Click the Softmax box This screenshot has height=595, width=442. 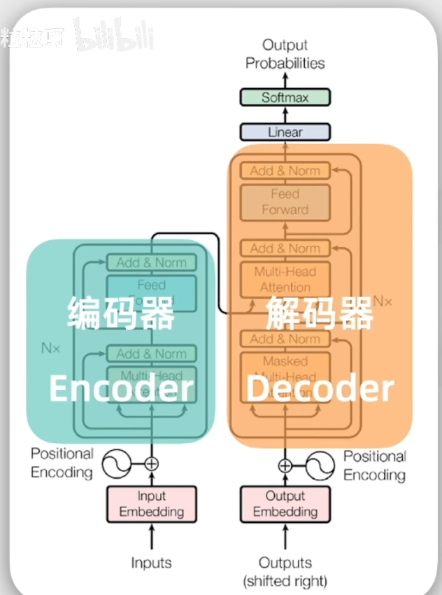tap(285, 97)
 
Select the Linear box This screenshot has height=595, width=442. tap(285, 132)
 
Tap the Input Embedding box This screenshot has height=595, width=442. tap(151, 504)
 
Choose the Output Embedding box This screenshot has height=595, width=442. tap(285, 504)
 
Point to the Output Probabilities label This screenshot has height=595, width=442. tap(285, 54)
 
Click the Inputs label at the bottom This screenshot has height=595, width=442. tap(151, 563)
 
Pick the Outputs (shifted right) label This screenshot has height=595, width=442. tap(285, 571)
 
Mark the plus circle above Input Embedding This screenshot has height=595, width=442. tap(151, 463)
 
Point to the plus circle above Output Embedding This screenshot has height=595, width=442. tap(285, 465)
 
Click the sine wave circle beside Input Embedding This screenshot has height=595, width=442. tap(117, 463)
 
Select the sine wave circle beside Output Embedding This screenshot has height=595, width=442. tap(319, 465)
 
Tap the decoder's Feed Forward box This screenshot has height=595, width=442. tap(285, 202)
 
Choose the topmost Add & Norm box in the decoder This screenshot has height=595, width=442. tap(285, 170)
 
